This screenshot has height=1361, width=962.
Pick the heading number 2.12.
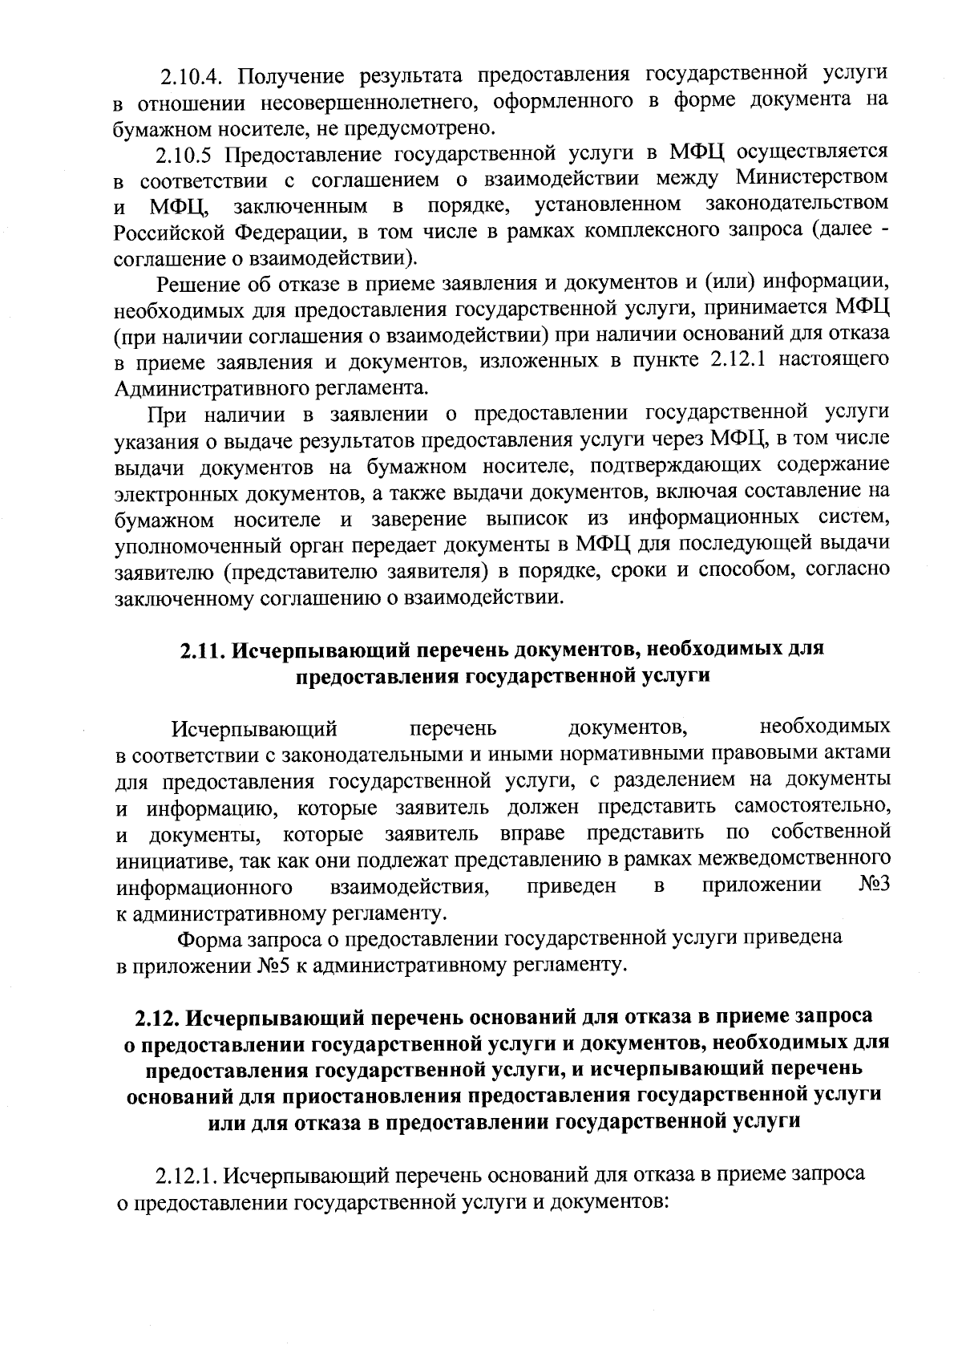(157, 1017)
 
